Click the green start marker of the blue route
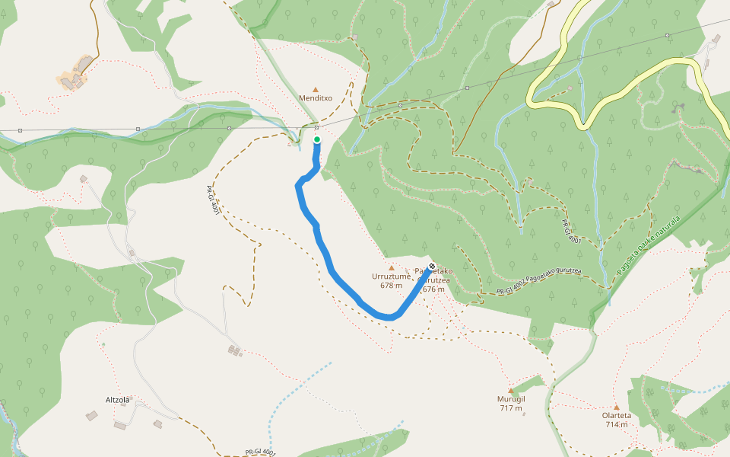pos(317,139)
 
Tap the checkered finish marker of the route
pos(432,267)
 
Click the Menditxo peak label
pos(316,98)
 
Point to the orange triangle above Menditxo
pos(316,89)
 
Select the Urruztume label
pos(391,276)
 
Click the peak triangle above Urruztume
pos(392,268)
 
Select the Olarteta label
pos(616,415)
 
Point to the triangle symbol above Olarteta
pos(616,407)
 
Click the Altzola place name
pos(118,399)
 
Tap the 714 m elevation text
pos(616,424)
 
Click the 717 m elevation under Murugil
pos(511,408)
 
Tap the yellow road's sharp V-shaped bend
pos(585,123)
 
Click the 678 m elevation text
pos(391,286)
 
